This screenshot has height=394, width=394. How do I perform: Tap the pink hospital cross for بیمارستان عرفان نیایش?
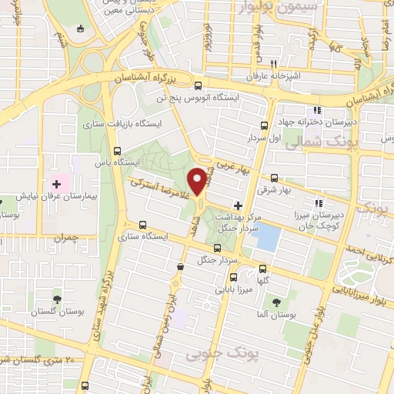[55, 184]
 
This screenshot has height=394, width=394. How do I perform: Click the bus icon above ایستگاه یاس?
[117, 151]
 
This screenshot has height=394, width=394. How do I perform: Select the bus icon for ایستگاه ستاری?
[142, 225]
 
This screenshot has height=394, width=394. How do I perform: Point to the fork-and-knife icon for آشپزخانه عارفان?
[272, 65]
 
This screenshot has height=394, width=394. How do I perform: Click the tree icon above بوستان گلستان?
[56, 299]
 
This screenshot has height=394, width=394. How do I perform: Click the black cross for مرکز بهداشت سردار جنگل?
[238, 205]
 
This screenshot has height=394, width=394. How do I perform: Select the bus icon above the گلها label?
[263, 269]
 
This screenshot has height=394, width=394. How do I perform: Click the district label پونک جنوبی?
[213, 354]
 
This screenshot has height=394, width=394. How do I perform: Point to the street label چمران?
[66, 239]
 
